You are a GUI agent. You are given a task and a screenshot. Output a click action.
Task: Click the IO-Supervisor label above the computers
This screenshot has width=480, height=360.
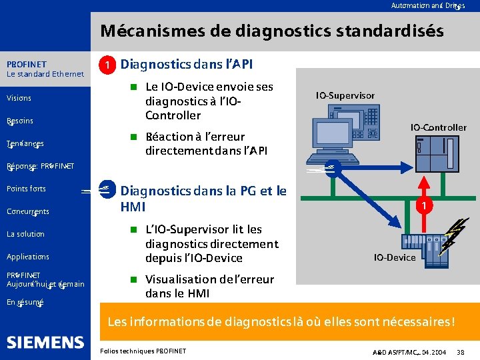(345, 95)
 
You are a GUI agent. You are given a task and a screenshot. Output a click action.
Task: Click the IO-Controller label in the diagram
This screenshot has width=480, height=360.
(438, 127)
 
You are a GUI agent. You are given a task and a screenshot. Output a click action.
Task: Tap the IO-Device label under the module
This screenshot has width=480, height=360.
(394, 257)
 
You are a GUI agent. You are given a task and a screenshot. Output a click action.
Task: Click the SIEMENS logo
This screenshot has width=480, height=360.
(45, 343)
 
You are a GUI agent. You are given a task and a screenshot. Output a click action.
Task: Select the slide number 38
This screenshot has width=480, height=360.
(460, 351)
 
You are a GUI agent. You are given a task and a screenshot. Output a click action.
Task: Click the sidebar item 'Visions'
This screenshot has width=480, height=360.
(19, 98)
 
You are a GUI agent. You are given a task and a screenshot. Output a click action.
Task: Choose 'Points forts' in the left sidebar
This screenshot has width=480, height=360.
(26, 189)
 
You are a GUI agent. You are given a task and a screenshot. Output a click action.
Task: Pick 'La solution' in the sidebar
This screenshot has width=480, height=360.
(25, 234)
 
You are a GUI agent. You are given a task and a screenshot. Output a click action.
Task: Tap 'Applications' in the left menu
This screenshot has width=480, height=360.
(27, 257)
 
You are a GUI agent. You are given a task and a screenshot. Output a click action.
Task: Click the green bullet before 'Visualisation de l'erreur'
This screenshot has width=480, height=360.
(133, 279)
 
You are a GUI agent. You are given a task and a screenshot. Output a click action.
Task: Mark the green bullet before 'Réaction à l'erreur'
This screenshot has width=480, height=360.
(133, 137)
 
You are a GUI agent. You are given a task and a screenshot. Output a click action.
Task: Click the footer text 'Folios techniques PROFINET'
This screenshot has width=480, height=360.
(142, 351)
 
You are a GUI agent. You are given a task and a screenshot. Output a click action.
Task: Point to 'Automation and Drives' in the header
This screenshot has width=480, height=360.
(427, 5)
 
